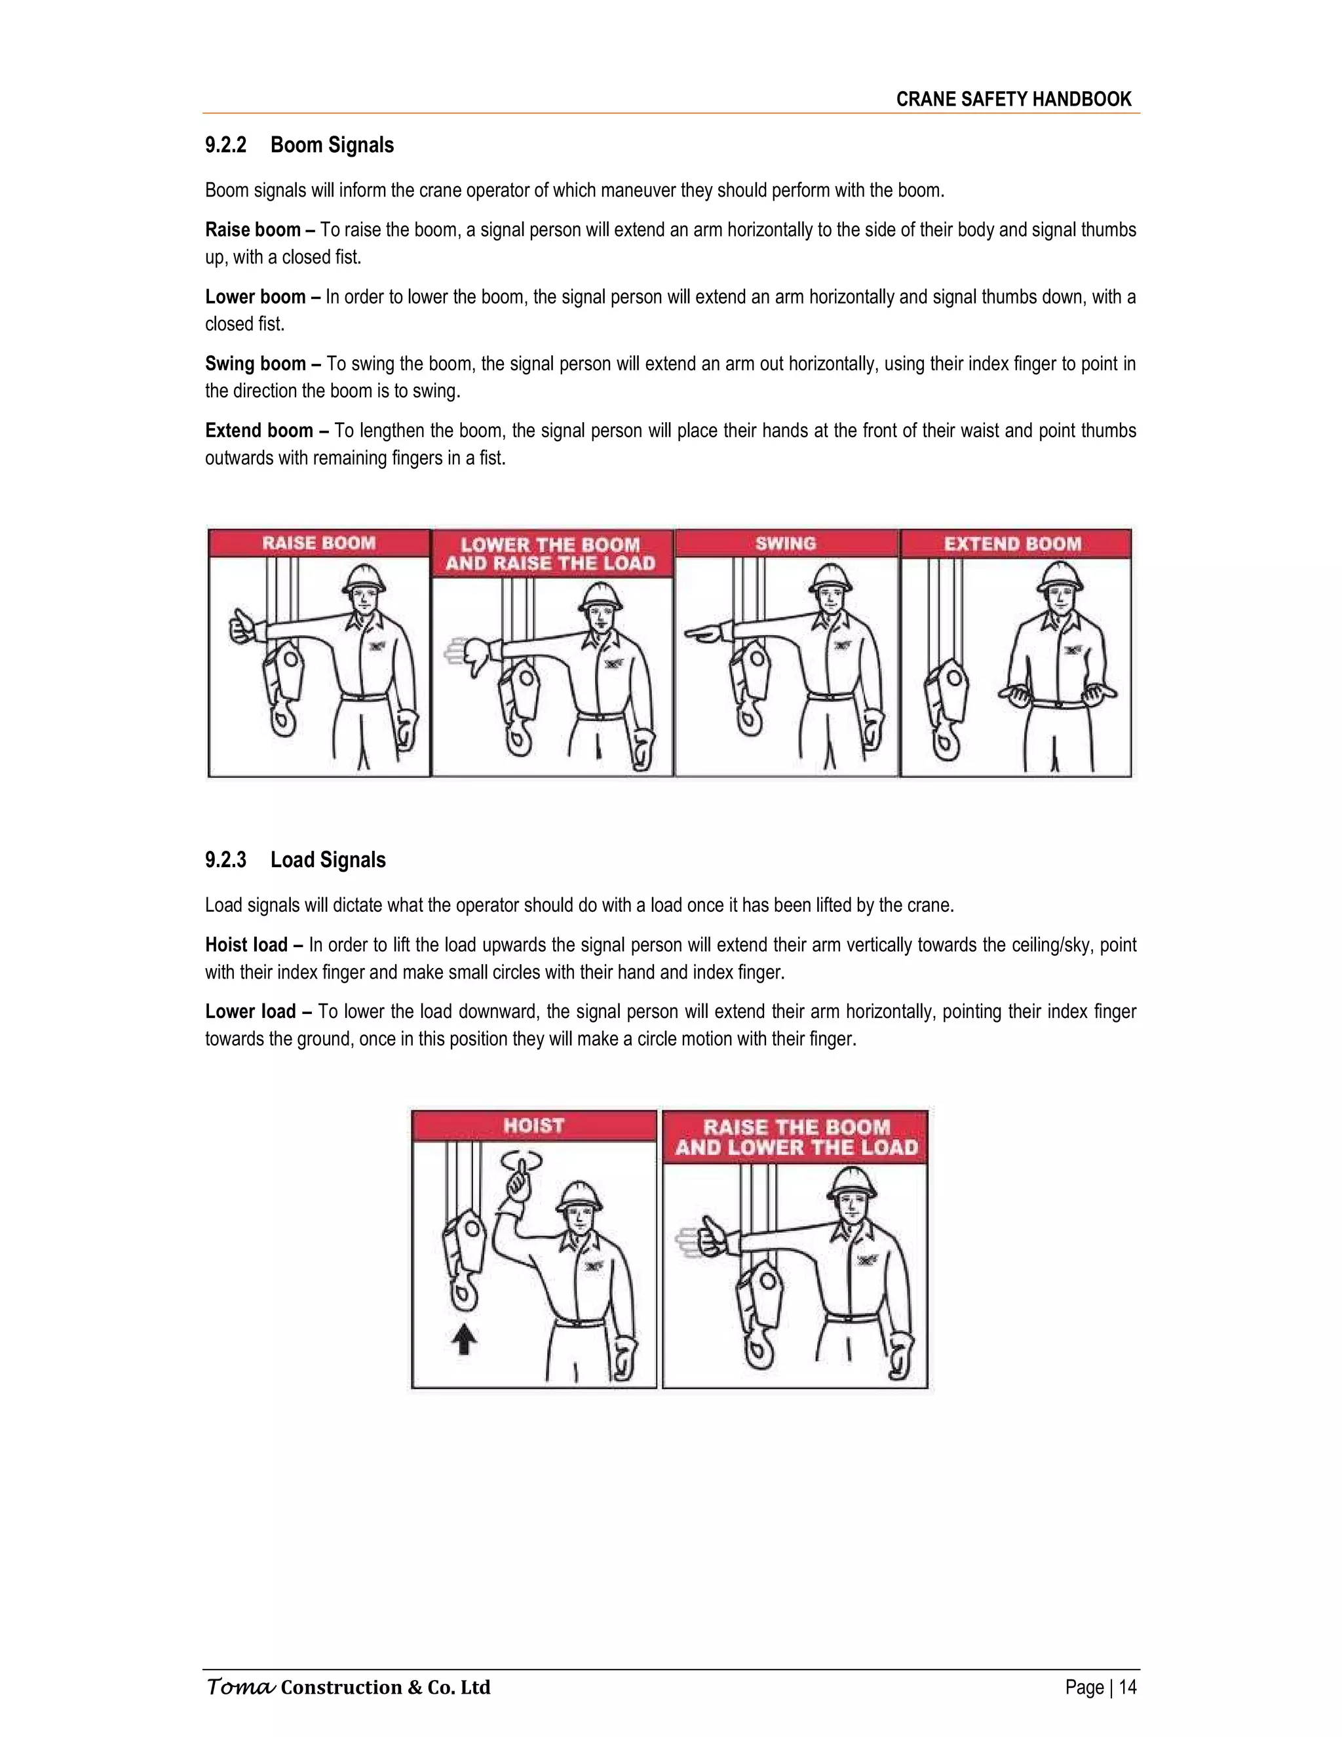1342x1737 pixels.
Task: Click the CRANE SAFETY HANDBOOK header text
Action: tap(1014, 100)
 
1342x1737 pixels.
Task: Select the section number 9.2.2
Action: tap(226, 146)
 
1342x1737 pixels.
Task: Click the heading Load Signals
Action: tap(328, 860)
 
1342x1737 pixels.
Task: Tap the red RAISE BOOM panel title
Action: tap(319, 543)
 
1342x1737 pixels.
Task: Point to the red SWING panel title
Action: tap(786, 543)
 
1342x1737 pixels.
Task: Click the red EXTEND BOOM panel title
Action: tap(1013, 544)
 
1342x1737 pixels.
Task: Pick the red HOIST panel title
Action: tap(533, 1125)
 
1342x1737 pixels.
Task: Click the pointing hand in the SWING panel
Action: tap(703, 633)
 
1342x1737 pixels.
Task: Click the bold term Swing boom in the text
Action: tap(255, 364)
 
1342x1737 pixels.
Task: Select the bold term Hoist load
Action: tap(246, 945)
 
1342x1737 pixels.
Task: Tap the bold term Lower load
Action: tap(250, 1011)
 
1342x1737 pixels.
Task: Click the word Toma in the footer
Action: tap(240, 1687)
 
